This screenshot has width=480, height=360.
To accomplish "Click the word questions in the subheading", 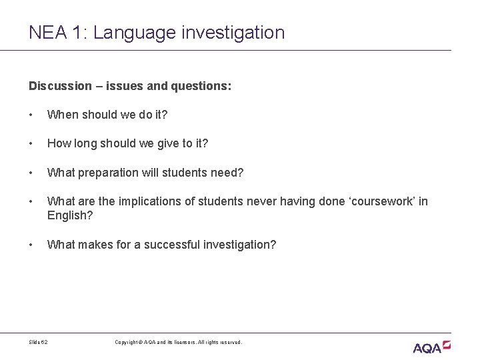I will click(201, 86).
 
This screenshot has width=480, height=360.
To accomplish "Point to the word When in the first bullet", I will click(62, 115).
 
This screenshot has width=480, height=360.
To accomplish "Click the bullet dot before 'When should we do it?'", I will click(31, 115).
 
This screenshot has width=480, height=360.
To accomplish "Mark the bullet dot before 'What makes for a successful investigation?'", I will click(31, 245).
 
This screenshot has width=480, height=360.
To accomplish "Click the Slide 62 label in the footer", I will click(39, 341).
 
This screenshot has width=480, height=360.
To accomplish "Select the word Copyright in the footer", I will click(127, 341).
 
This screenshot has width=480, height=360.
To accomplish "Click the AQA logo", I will click(431, 347).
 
